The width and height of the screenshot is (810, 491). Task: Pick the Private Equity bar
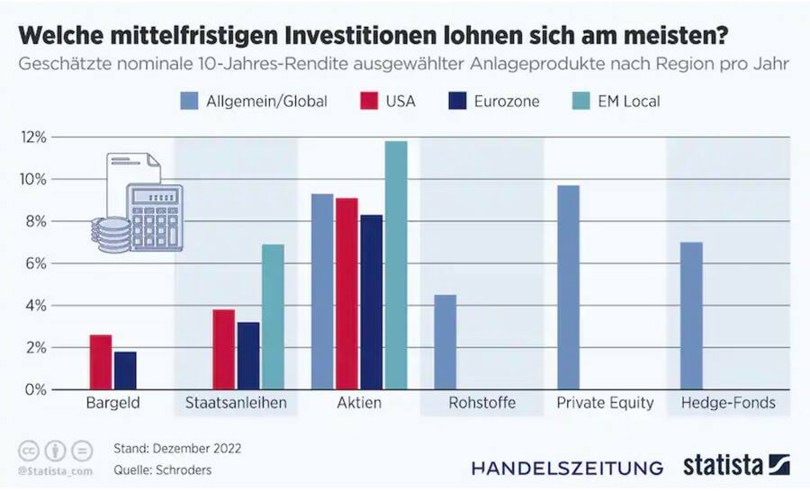click(568, 287)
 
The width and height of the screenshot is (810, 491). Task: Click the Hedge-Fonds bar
click(691, 316)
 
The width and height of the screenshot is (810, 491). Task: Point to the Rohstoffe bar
click(445, 342)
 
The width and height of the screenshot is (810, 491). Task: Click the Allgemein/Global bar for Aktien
click(322, 291)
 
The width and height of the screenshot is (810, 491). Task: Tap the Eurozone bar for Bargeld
click(126, 370)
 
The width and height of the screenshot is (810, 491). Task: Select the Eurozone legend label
click(506, 101)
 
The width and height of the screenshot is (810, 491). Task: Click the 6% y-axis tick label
click(37, 263)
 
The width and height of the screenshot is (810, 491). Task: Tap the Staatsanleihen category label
click(236, 403)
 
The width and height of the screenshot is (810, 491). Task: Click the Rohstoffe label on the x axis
click(481, 403)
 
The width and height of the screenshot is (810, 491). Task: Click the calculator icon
click(154, 216)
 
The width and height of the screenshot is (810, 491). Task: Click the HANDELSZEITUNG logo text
click(567, 468)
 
